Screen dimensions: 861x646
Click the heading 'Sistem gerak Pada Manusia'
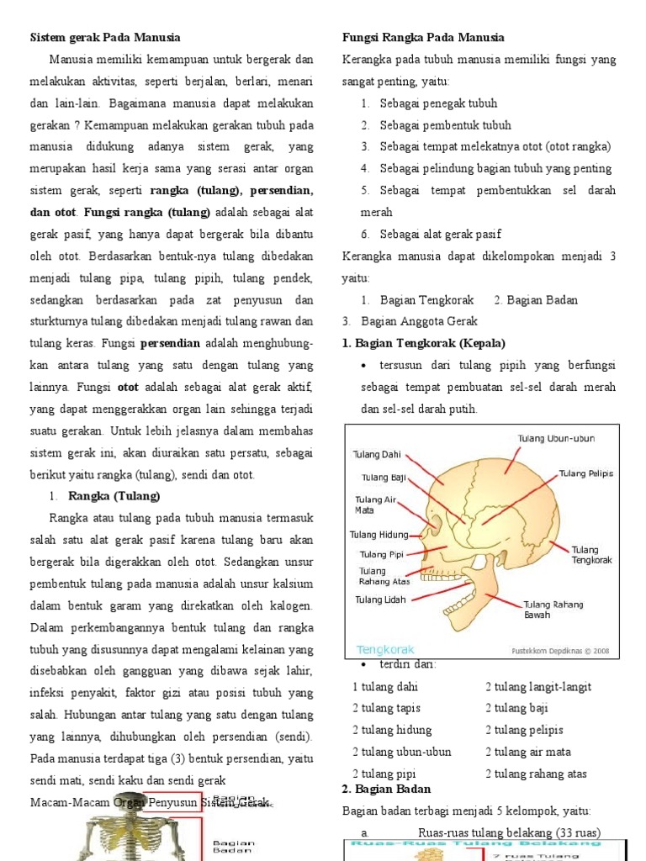105,38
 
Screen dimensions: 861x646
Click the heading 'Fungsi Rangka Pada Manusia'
423,38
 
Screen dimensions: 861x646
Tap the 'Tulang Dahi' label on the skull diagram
376,455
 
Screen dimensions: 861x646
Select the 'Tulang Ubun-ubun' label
556,439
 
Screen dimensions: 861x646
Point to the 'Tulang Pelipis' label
586,473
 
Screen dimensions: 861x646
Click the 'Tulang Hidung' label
379,535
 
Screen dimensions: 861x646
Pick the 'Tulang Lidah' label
380,600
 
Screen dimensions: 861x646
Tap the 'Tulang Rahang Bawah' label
553,610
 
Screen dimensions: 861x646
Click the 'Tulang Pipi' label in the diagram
382,554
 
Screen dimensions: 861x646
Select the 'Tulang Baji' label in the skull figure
384,478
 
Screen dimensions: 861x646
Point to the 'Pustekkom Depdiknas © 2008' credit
561,650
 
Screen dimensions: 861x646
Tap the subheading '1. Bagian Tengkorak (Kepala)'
424,343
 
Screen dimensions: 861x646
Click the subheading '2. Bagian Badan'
386,789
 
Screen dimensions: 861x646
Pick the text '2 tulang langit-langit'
537,686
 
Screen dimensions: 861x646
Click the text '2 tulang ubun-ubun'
401,752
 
